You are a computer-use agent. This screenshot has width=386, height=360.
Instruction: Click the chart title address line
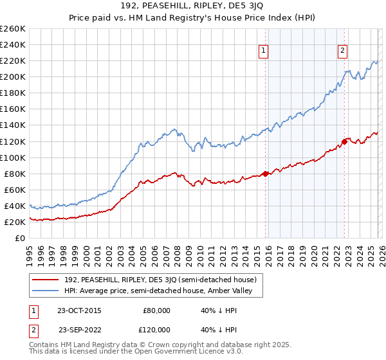[193, 6]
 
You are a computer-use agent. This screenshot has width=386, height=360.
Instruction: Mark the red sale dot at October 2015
[265, 173]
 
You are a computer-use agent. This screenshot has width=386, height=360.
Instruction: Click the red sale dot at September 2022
[344, 141]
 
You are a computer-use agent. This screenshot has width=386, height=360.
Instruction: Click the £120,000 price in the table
[156, 329]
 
